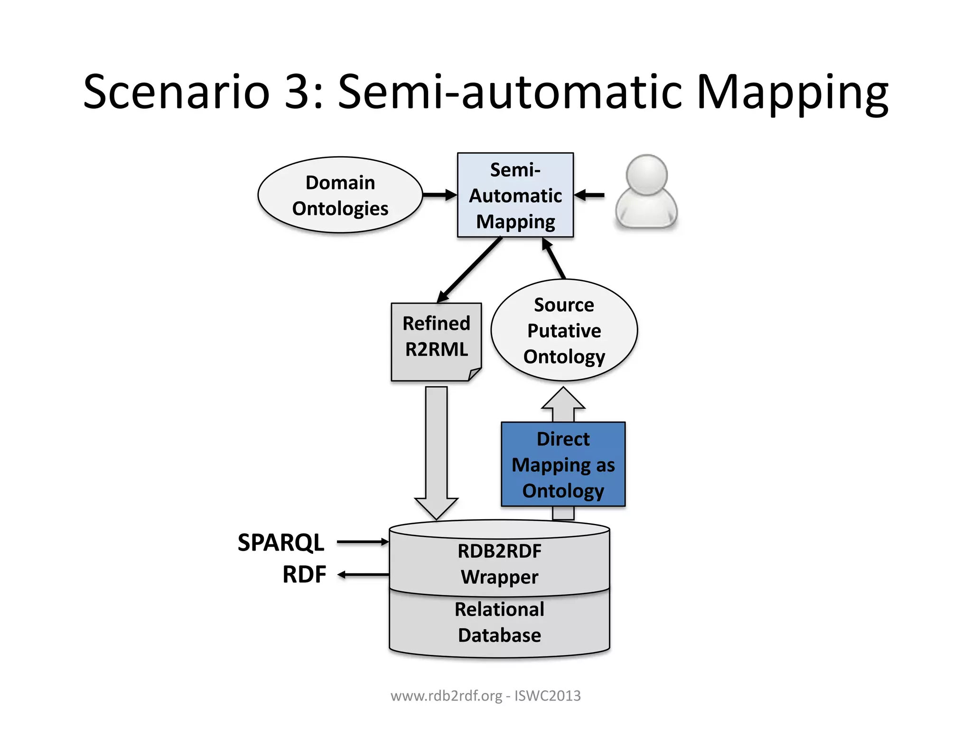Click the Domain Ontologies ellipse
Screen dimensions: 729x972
(x=340, y=195)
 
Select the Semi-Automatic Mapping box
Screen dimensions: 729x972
(x=515, y=195)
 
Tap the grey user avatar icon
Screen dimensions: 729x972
(x=646, y=192)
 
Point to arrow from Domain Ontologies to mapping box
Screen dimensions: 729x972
(x=439, y=195)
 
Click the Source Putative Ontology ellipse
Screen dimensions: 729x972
(x=564, y=330)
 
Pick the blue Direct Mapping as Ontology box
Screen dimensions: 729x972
(x=563, y=464)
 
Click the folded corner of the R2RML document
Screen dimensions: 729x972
(x=475, y=374)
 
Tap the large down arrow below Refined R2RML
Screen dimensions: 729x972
(x=436, y=451)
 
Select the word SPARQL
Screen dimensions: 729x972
(x=280, y=542)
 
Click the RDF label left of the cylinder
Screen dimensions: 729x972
(x=304, y=574)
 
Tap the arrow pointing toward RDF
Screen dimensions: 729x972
(x=363, y=575)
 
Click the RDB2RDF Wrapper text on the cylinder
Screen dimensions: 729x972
(x=499, y=564)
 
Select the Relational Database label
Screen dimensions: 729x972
(x=499, y=622)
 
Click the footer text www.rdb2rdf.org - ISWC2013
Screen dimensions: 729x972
(x=486, y=696)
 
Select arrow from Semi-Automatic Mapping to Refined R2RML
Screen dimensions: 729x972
(x=469, y=270)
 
